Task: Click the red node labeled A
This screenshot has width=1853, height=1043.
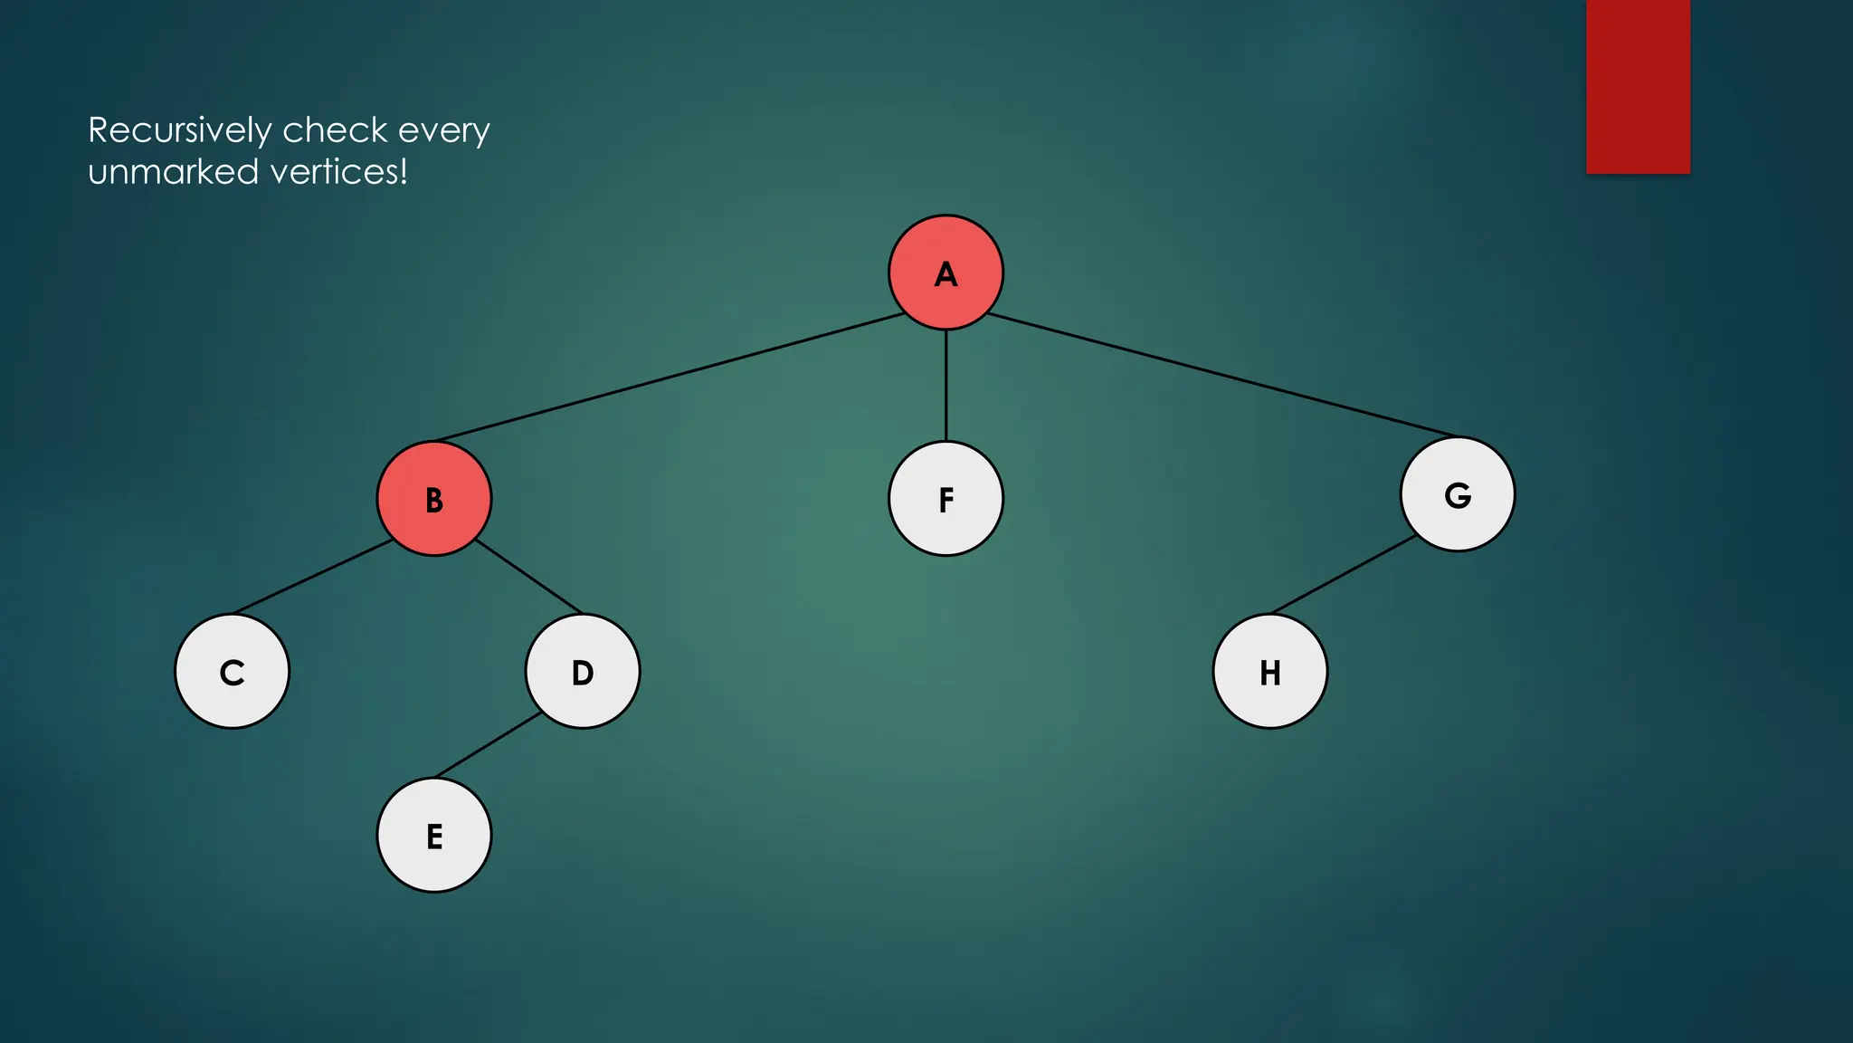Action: [x=946, y=273]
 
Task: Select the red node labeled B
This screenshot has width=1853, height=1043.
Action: [x=434, y=499]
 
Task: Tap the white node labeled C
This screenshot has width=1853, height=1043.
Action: [x=233, y=672]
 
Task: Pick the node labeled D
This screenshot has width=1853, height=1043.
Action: [x=583, y=672]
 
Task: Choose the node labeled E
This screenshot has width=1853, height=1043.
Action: [x=434, y=836]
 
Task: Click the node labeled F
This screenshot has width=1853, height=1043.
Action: [x=946, y=499]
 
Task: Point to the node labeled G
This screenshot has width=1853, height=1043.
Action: [x=1458, y=494]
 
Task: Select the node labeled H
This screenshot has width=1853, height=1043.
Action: [x=1270, y=672]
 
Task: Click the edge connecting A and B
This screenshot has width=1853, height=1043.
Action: [x=670, y=378]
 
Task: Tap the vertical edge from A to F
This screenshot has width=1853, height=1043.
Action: [x=946, y=386]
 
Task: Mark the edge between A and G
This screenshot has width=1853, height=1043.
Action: [x=1221, y=375]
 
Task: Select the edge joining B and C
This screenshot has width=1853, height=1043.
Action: [x=312, y=577]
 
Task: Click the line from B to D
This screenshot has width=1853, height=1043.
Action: [x=528, y=576]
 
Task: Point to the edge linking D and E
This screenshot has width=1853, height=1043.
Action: [x=489, y=745]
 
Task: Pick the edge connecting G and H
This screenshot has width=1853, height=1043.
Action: [x=1344, y=574]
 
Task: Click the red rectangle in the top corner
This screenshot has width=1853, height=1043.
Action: [x=1638, y=86]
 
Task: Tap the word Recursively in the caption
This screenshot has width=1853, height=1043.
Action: [x=179, y=131]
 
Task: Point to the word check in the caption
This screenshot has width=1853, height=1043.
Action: [x=335, y=130]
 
